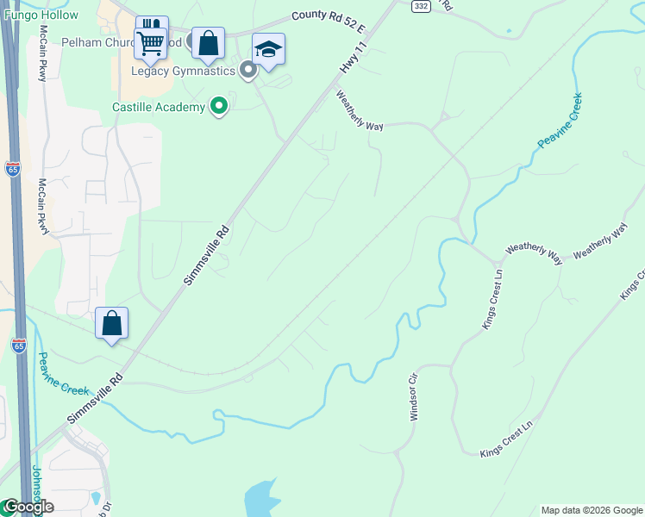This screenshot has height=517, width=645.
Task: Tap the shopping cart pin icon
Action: click(x=151, y=41)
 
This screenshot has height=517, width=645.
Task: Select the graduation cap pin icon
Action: click(x=268, y=50)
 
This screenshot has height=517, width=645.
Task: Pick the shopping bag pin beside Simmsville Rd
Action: click(x=111, y=324)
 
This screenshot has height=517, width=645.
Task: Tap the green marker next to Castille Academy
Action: click(x=219, y=106)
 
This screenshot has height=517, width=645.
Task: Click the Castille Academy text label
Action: click(x=159, y=107)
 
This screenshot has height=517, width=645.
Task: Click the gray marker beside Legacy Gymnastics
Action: click(x=248, y=71)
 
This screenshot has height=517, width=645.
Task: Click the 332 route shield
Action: click(x=420, y=6)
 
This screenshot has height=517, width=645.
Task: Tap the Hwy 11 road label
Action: click(x=348, y=64)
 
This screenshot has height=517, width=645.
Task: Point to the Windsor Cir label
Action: click(x=414, y=397)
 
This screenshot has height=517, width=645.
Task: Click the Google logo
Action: click(x=28, y=507)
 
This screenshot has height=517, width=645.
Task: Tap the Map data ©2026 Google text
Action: click(x=591, y=510)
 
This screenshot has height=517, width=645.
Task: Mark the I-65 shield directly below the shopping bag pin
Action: click(x=19, y=345)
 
